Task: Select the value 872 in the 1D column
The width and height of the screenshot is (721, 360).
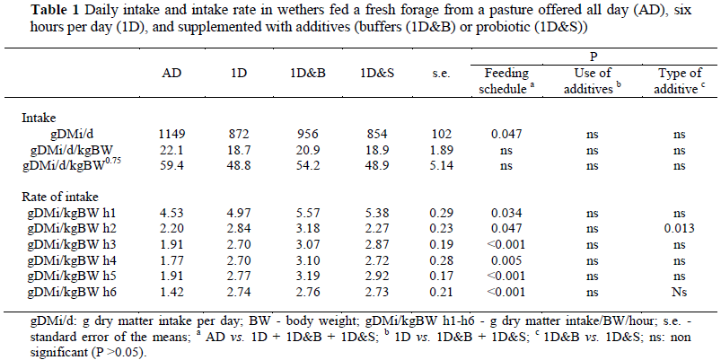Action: [236, 132]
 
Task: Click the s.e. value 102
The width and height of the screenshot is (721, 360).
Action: [439, 132]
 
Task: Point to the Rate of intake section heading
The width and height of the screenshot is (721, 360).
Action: [61, 198]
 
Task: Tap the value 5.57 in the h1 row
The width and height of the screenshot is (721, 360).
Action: [305, 213]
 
